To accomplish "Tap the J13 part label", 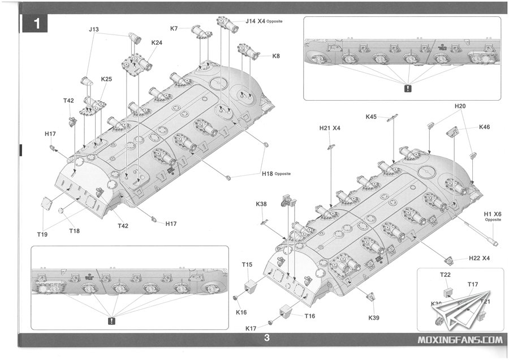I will coord(94,29).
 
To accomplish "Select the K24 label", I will coord(157,42).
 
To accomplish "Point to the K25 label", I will coord(106,79).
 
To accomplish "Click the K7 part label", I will coord(174,28).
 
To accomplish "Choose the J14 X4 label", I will coord(257,22).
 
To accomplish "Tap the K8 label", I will coord(276,56).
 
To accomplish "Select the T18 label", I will coord(75,230).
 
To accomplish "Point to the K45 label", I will coord(371,117).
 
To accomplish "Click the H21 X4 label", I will coord(329,128).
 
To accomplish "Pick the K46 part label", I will coord(484,127).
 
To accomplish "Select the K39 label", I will coord(374,318).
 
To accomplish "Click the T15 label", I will coord(247,264).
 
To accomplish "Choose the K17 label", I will coord(252,329).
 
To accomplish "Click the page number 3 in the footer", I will coord(266,339).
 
